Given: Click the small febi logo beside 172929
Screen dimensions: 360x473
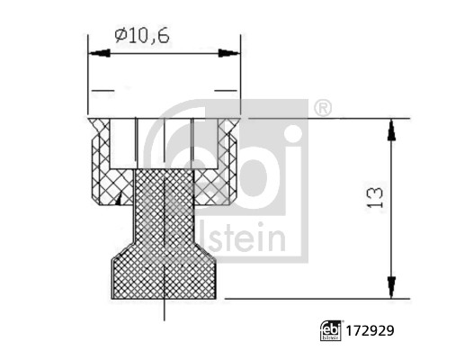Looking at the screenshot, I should tap(329, 328).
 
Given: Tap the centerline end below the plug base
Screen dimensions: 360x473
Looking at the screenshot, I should tap(165, 315).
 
